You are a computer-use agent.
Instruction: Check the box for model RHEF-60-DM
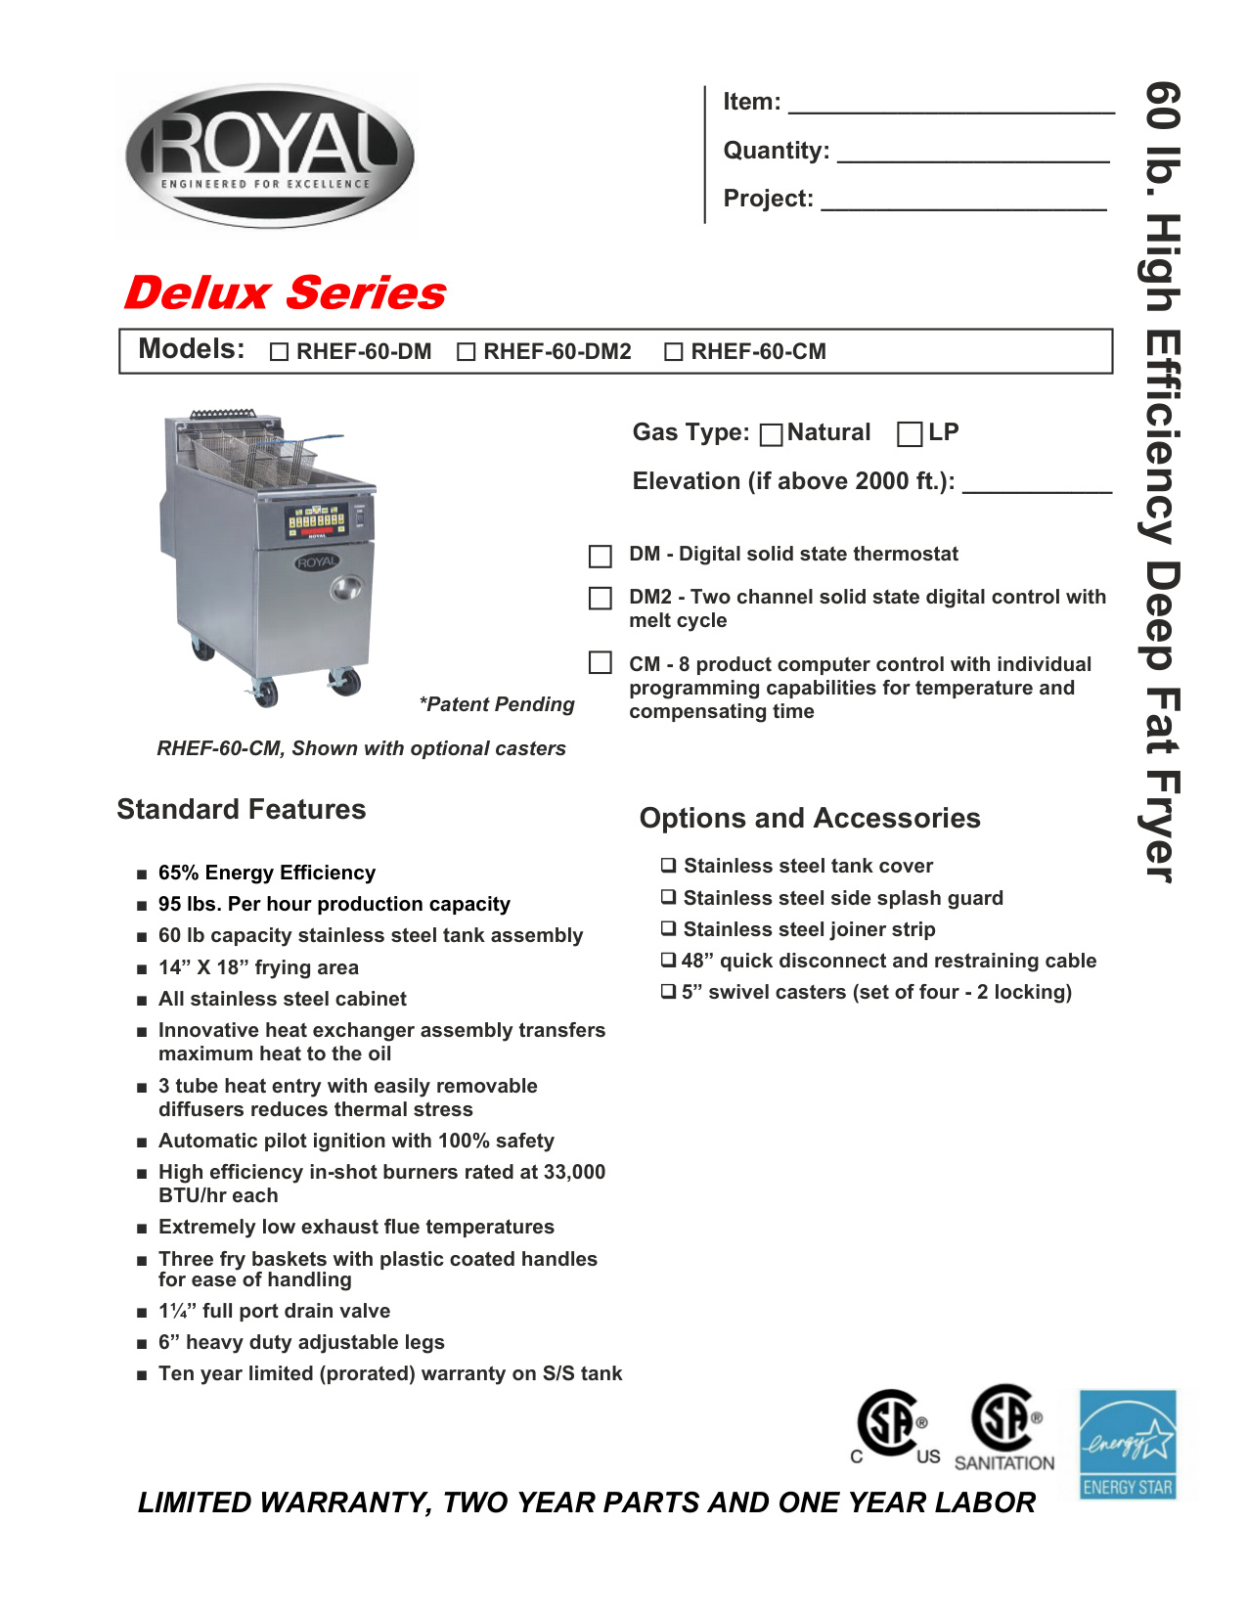pyautogui.click(x=279, y=352)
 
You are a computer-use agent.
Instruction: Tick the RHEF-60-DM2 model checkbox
pyautogui.click(x=467, y=352)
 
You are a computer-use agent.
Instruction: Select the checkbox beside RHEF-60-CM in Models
pyautogui.click(x=674, y=352)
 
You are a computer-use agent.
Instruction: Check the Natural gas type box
pyautogui.click(x=772, y=434)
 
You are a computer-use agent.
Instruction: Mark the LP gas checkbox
pyautogui.click(x=910, y=434)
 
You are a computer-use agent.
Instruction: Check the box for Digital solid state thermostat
pyautogui.click(x=601, y=557)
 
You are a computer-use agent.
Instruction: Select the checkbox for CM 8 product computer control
pyautogui.click(x=601, y=663)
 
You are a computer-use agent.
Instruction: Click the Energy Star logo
pyautogui.click(x=1128, y=1445)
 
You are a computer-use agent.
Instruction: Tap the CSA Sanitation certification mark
pyautogui.click(x=1005, y=1428)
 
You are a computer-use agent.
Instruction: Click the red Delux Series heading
pyautogui.click(x=285, y=293)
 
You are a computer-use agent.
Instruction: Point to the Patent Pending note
pyautogui.click(x=497, y=704)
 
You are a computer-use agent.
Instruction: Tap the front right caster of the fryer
pyautogui.click(x=344, y=682)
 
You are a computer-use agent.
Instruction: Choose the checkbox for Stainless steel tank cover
pyautogui.click(x=668, y=866)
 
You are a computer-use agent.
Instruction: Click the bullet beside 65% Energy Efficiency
pyautogui.click(x=142, y=874)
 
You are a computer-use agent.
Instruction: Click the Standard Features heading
pyautogui.click(x=242, y=809)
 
